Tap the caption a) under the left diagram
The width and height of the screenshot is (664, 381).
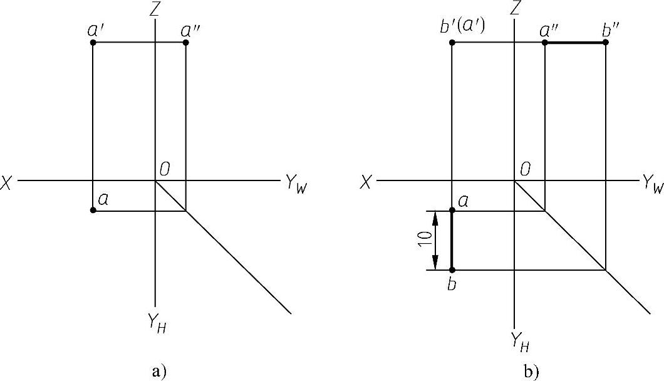point(158,371)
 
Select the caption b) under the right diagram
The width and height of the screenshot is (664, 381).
point(531,372)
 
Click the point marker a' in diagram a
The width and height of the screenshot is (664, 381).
point(93,43)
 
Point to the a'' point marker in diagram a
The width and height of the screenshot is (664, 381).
point(185,43)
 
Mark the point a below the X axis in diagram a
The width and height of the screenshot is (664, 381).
point(93,210)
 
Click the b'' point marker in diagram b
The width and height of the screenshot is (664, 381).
point(606,43)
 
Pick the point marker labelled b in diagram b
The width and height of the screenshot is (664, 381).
point(452,269)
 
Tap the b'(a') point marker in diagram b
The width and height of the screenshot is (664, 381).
point(452,43)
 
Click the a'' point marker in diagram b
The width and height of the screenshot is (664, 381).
point(545,43)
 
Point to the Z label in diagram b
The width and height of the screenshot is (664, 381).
point(516,8)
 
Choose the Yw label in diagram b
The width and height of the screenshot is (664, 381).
point(651,184)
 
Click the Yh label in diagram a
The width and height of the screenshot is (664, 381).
point(157,325)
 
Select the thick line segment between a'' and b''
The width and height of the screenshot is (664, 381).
point(575,43)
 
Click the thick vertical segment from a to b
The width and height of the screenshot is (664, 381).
point(452,240)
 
